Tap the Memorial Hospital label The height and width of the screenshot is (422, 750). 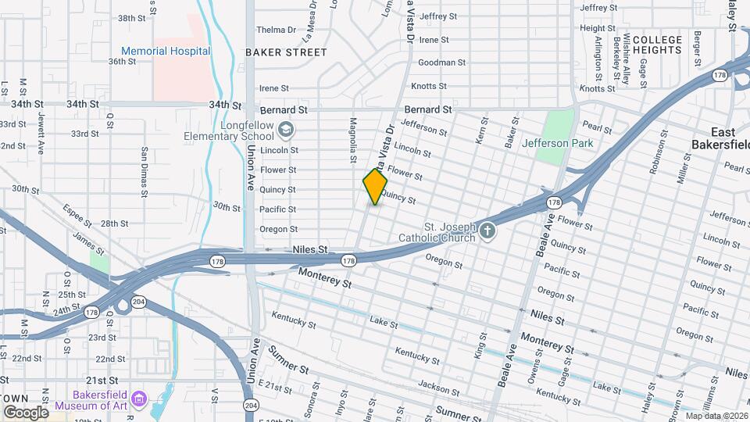pos(166,52)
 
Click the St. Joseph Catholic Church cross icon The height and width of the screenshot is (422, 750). pos(487,231)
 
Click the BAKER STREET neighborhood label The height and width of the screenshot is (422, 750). pos(286,52)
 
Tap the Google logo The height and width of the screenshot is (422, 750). pos(26,413)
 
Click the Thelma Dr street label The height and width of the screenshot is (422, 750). pos(277,30)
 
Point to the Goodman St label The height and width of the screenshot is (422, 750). pos(441,63)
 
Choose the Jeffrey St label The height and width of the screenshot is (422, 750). pos(438,16)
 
